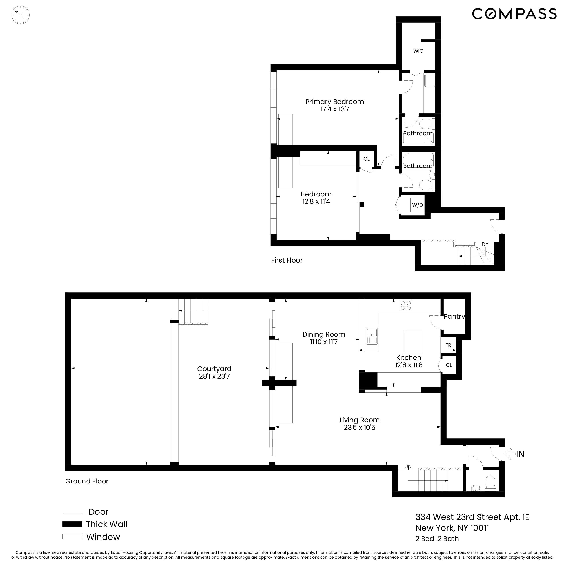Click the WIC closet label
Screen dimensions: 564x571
[x=418, y=51]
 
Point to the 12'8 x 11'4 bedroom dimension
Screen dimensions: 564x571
[x=316, y=201]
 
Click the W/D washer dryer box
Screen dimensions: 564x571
[x=417, y=205]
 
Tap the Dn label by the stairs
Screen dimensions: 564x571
[x=485, y=244]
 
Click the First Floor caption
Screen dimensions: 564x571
[x=287, y=260]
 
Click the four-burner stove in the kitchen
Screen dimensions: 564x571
[x=405, y=305]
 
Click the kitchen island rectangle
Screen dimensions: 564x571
[x=413, y=342]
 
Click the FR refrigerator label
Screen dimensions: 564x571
[x=448, y=345]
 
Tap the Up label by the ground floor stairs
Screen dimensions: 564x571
[x=408, y=466]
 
